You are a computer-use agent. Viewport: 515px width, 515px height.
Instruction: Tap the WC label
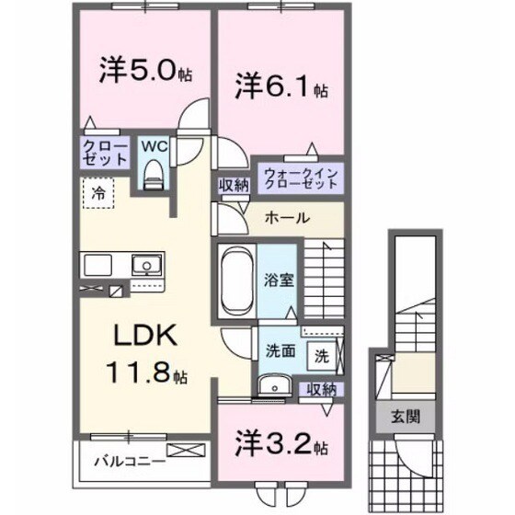153,145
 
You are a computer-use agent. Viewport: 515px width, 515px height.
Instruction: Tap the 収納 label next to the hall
234,184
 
